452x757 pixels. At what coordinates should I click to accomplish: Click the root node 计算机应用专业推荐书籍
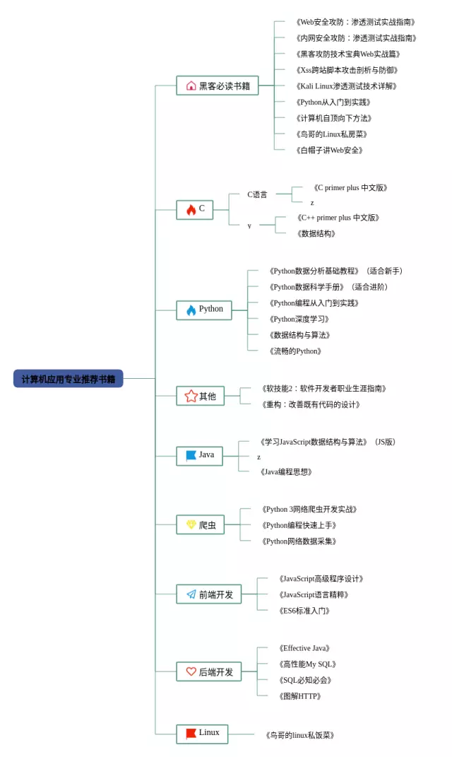68,379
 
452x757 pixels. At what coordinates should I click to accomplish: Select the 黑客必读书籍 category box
217,86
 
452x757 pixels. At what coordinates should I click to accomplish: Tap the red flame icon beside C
191,209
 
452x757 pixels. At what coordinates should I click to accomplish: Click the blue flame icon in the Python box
191,310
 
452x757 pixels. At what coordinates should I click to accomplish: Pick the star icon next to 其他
191,396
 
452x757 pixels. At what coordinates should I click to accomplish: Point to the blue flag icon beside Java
191,455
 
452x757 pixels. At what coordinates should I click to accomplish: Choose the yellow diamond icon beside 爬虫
191,524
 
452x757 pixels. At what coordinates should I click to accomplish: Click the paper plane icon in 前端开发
191,594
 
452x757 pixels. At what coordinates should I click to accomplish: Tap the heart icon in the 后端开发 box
191,671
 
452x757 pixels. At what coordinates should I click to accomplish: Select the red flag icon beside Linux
191,734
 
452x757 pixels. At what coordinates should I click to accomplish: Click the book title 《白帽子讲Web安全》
330,150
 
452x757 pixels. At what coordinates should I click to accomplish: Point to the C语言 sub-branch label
257,194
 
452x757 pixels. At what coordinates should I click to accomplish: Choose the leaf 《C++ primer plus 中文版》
338,218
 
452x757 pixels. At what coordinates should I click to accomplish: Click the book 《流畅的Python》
295,351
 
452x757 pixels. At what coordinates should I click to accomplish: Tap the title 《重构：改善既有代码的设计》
311,404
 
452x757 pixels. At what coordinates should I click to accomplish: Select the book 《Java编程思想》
286,471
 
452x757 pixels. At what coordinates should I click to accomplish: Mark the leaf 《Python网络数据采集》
299,541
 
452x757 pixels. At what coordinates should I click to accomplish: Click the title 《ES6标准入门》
304,611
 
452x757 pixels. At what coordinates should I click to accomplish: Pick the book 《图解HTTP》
299,696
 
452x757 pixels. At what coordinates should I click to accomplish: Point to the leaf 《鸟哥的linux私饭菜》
299,735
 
